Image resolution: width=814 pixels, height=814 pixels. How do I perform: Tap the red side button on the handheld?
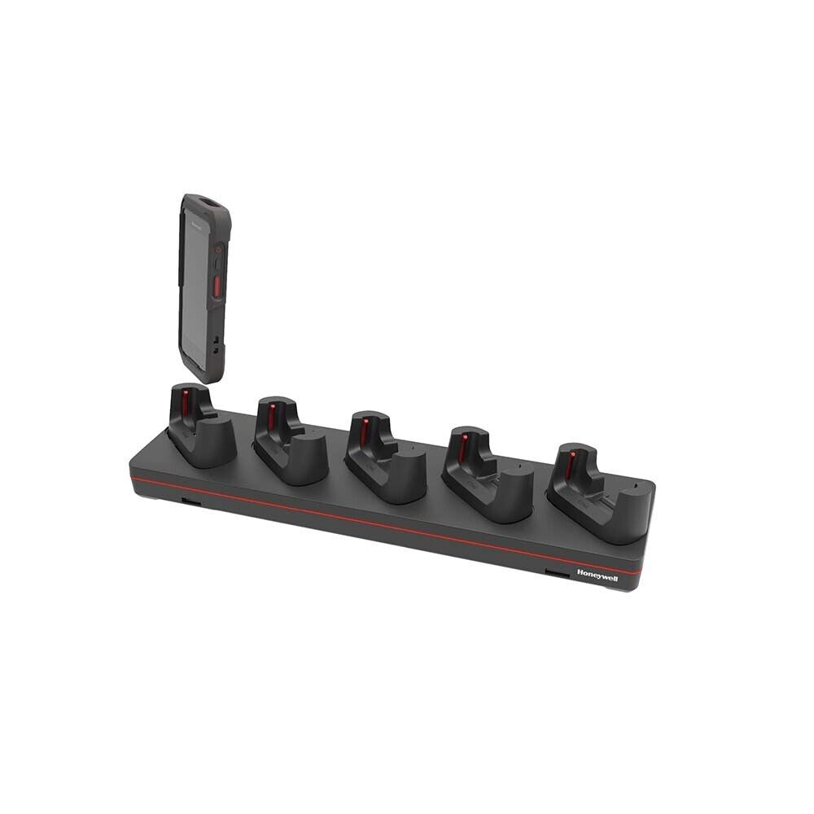(x=218, y=287)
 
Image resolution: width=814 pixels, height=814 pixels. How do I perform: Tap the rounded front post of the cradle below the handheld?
(x=213, y=440)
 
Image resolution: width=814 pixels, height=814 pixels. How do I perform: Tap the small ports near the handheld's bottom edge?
(x=215, y=342)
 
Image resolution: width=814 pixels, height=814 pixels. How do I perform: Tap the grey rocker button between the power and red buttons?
(x=217, y=264)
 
